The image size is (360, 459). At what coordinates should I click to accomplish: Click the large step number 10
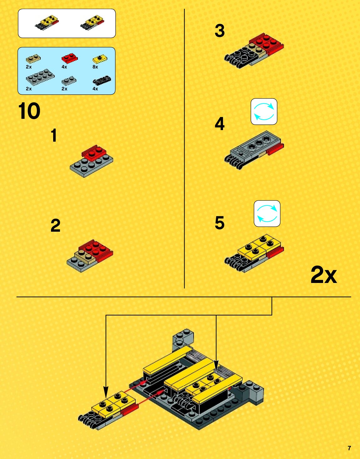point(29,111)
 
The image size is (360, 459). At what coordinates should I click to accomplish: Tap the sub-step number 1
point(54,135)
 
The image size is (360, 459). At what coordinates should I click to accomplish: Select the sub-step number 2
point(56,226)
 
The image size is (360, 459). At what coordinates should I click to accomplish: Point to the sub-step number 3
point(220,31)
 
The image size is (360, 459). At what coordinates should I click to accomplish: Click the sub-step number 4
point(220,124)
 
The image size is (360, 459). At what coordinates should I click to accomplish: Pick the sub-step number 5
point(220,223)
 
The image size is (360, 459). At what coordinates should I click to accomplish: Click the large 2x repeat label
point(324,275)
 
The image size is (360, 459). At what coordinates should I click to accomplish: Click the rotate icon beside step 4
point(264,112)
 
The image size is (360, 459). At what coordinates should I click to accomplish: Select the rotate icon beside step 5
point(267,214)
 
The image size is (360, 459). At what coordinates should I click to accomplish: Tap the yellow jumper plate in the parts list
point(100,59)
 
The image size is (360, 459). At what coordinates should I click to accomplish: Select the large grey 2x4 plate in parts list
point(40,77)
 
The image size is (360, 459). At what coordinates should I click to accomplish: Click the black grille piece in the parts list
point(102,80)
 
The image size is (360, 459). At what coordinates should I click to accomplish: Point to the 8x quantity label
point(95,67)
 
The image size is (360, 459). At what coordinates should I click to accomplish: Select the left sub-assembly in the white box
point(47,23)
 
